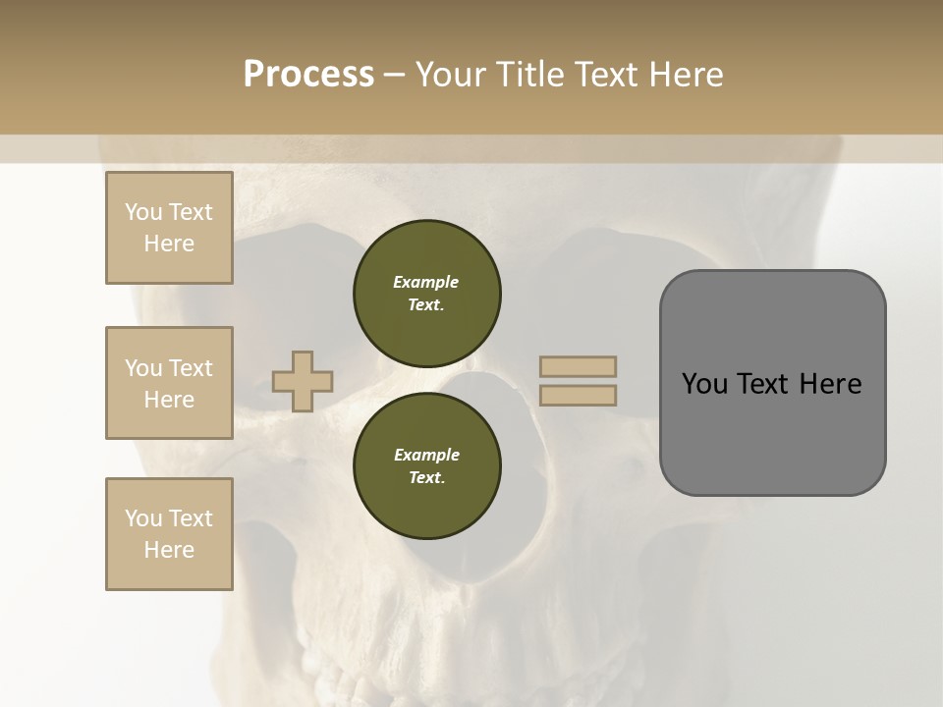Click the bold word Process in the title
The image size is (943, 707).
click(308, 75)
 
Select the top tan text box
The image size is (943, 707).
click(169, 228)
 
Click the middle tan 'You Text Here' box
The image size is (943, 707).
click(169, 383)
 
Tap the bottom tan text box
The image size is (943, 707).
click(169, 534)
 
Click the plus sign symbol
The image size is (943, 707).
click(303, 381)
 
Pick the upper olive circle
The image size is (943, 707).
click(427, 293)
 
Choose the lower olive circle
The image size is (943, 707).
click(427, 465)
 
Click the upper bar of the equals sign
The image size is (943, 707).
click(579, 367)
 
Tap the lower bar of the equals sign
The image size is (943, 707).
click(579, 395)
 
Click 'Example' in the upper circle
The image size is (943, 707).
click(426, 282)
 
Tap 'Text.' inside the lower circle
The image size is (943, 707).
click(426, 478)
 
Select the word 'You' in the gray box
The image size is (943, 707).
click(703, 384)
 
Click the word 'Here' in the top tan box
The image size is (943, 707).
click(169, 244)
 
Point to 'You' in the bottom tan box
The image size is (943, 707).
click(143, 518)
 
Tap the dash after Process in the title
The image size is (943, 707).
click(394, 75)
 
